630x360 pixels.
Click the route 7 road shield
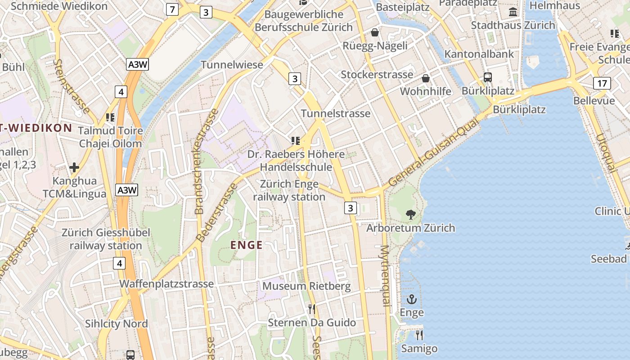171,9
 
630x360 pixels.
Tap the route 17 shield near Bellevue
602,83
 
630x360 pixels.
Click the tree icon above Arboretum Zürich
410,214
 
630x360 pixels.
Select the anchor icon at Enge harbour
412,299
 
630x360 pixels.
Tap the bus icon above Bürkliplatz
488,77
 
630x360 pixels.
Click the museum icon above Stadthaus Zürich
513,12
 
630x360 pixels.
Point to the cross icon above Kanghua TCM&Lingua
74,168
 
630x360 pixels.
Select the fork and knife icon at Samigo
419,335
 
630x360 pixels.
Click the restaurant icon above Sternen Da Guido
311,309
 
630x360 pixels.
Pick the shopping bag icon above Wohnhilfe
426,78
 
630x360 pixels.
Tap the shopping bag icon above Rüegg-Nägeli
374,32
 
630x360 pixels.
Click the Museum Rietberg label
306,286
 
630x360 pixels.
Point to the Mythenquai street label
385,276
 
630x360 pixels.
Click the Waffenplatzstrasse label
166,284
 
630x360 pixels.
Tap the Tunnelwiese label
232,65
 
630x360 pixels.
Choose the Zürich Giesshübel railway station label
106,239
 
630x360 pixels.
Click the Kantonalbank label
479,54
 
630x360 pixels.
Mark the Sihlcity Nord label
117,324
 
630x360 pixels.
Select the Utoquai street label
605,153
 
